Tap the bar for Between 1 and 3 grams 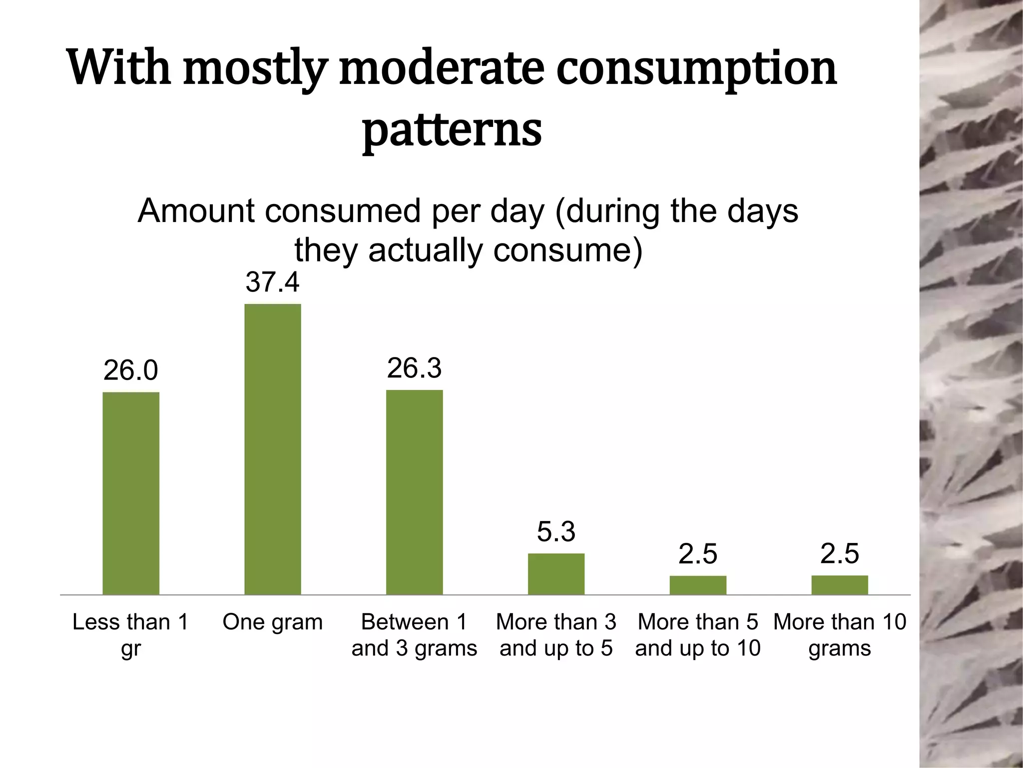tap(414, 492)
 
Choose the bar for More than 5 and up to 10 tap(698, 585)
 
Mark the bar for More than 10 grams tap(840, 585)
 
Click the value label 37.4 tap(272, 282)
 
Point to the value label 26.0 tap(131, 370)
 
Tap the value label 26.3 tap(414, 368)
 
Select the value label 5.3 tap(556, 531)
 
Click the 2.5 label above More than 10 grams tap(840, 554)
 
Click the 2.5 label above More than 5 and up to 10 tap(698, 554)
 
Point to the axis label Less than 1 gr tap(131, 635)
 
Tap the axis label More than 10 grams tap(840, 635)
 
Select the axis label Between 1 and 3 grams tap(414, 635)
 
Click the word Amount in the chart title tap(196, 211)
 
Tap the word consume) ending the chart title tap(567, 250)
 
